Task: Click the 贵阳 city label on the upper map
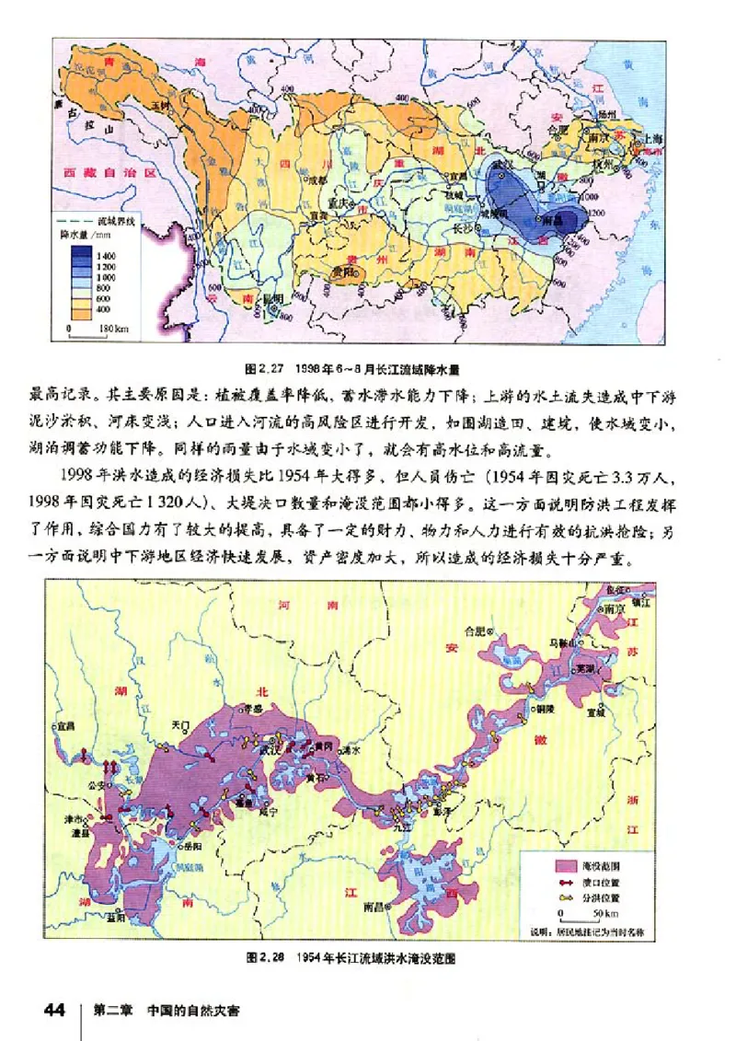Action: [345, 273]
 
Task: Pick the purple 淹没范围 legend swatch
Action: [562, 866]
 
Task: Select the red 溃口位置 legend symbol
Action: [562, 882]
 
